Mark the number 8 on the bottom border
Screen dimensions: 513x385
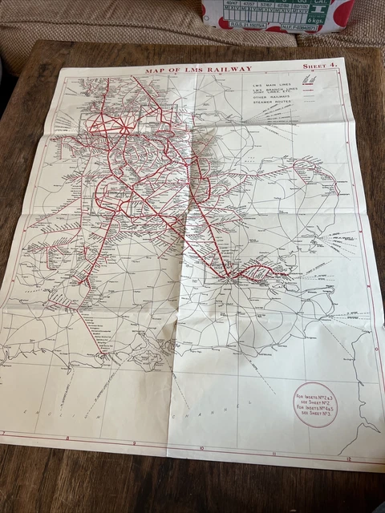click(x=68, y=438)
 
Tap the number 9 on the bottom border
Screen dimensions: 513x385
click(x=133, y=443)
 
